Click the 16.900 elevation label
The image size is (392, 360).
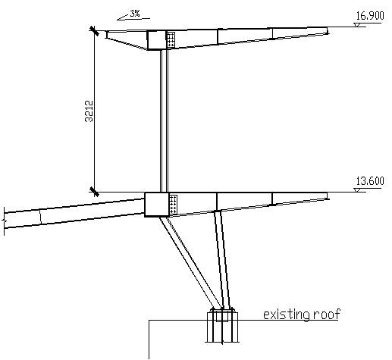click(x=370, y=16)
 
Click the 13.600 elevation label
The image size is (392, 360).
click(x=370, y=181)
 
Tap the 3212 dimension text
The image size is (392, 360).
click(x=89, y=111)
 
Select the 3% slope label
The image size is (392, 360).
click(x=135, y=14)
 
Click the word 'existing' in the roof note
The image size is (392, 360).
click(x=287, y=315)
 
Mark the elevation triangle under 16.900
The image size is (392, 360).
click(x=357, y=24)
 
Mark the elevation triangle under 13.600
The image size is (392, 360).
click(x=357, y=190)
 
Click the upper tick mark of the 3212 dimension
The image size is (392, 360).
click(x=94, y=31)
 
